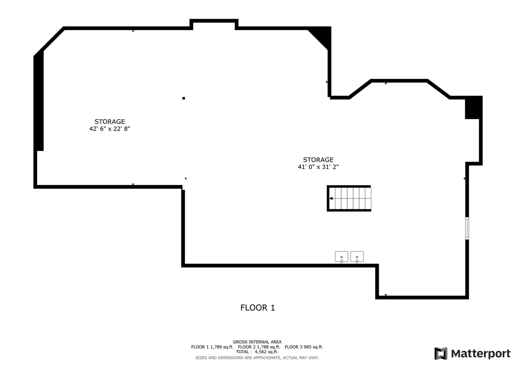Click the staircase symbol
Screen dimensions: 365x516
tap(350, 198)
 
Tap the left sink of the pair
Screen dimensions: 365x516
tap(341, 257)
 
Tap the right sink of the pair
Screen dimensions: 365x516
tap(357, 257)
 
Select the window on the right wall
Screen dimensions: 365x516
tap(467, 228)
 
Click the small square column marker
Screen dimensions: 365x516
tap(183, 98)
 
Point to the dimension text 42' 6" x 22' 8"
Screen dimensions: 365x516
tap(110, 129)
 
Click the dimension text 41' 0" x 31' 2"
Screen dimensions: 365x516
tap(318, 167)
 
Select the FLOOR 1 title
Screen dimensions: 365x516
tap(258, 308)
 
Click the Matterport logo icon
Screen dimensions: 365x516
tap(441, 353)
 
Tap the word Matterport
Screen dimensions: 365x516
tap(481, 354)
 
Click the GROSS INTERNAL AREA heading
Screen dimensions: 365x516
tap(257, 342)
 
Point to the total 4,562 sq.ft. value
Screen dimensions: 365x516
tap(266, 352)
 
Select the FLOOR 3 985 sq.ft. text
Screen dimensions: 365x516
tap(304, 347)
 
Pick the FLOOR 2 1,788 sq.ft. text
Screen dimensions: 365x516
tap(259, 347)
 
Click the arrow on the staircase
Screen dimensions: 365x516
tap(331, 198)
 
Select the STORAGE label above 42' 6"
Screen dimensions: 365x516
tap(110, 121)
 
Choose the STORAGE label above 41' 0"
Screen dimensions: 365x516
tap(318, 160)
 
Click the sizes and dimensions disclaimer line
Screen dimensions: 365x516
tap(257, 358)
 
